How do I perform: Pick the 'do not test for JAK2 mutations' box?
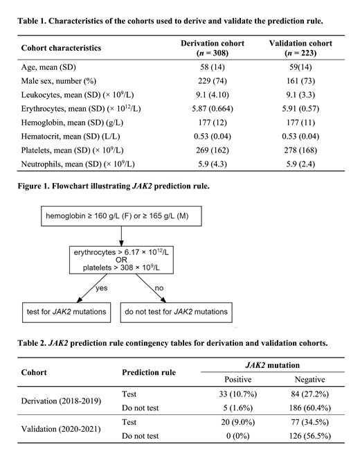point(177,313)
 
